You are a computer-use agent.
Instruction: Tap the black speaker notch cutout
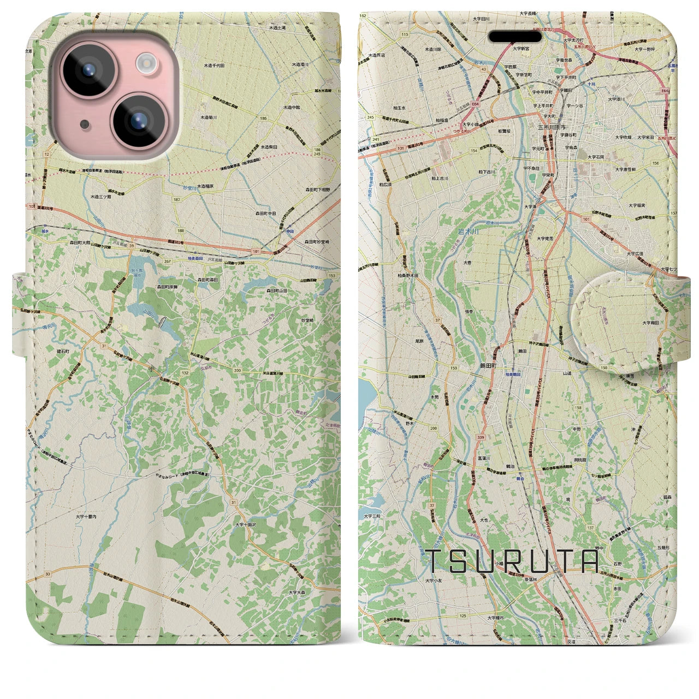(x=515, y=36)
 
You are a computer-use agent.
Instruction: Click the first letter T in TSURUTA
(x=434, y=561)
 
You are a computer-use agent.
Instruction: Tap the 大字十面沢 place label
(x=246, y=524)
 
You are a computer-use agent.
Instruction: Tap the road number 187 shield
(x=176, y=200)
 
